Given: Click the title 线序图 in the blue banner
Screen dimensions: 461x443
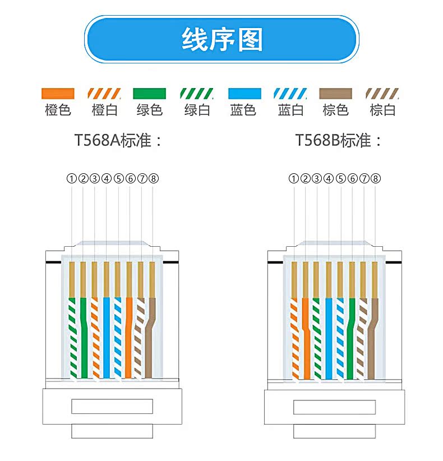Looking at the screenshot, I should [221, 39].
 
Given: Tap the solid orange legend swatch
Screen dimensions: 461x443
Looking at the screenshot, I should [58, 93].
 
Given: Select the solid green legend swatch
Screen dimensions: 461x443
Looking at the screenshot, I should [150, 93].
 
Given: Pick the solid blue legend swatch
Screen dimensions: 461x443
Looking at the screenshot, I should [243, 93].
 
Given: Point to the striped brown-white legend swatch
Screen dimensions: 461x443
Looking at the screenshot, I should [382, 93].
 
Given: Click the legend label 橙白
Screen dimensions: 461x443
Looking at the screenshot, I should [104, 110].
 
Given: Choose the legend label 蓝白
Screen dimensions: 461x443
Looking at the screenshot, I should [290, 110].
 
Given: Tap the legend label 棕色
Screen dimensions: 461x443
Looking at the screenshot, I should [336, 110].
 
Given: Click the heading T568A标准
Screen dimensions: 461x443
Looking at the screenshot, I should [118, 140].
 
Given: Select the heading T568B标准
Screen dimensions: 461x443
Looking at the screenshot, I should [339, 140].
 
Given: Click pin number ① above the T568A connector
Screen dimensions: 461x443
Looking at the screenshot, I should [71, 178].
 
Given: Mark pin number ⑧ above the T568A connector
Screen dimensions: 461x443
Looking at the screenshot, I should [154, 178].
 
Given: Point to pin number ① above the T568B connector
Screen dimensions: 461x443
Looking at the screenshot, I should [293, 178].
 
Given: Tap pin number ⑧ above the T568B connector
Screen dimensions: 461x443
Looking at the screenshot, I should [376, 178].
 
